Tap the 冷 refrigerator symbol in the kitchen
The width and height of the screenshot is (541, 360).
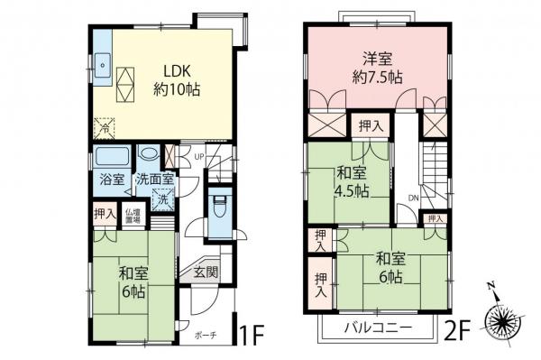105,127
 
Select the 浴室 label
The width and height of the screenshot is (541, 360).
112,179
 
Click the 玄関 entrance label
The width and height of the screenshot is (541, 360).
205,271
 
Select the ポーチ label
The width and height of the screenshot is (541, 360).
206,335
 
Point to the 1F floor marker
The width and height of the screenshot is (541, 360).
252,333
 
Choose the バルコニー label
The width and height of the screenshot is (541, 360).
380,326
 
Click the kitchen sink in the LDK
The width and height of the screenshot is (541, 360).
104,66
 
